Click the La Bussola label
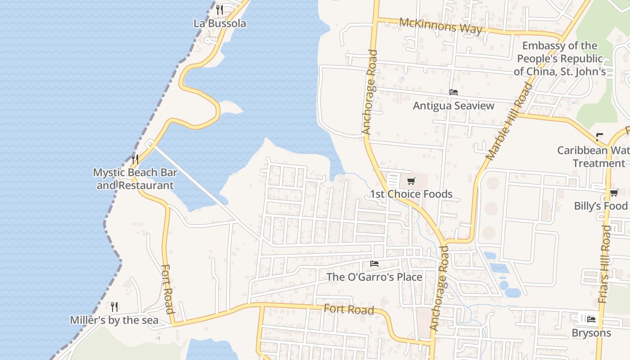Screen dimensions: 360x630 point(220,23)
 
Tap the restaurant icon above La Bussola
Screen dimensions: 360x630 point(220,9)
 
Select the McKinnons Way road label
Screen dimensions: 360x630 point(440,27)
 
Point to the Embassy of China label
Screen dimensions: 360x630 point(560,58)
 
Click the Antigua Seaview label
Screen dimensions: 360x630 point(454,106)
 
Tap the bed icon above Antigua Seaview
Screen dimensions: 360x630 point(454,92)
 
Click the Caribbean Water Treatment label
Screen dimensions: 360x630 point(593,157)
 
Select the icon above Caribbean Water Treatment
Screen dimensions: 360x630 point(599,136)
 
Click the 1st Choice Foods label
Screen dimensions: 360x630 point(411,194)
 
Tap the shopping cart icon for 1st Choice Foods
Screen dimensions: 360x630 point(411,181)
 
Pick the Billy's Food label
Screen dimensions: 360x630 point(600,206)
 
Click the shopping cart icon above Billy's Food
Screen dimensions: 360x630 point(614,193)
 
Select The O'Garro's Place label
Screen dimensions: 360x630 point(374,277)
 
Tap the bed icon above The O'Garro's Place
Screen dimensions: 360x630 point(374,264)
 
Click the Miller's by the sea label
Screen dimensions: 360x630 point(114,320)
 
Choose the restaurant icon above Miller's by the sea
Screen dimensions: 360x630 point(114,307)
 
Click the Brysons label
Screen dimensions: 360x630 point(591,333)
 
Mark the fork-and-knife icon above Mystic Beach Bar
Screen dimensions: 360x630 point(135,158)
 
